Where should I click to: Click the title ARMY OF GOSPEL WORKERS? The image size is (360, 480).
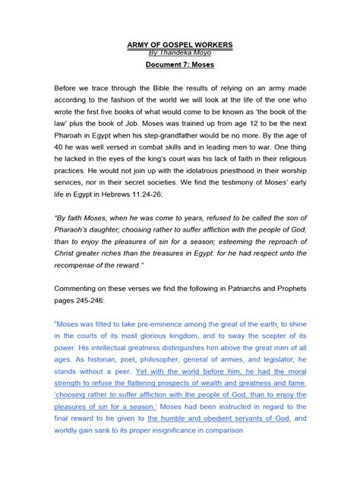[x=179, y=46]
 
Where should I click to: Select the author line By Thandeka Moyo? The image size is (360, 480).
[x=179, y=54]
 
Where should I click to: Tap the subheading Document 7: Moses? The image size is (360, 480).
[x=179, y=67]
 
